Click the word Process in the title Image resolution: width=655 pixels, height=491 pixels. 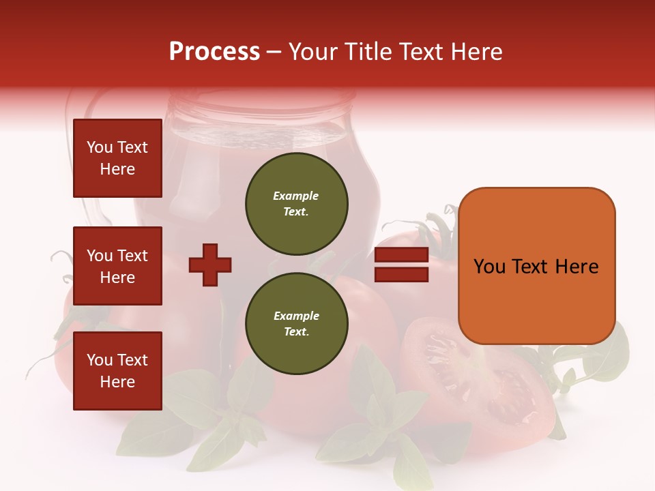[x=214, y=52]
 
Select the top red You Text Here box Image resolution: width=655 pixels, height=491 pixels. [x=117, y=158]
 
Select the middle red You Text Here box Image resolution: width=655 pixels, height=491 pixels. [x=117, y=266]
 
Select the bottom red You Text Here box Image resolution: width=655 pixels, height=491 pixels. [x=117, y=370]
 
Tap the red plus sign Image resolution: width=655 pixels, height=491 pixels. [x=209, y=265]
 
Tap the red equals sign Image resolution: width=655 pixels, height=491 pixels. [x=402, y=265]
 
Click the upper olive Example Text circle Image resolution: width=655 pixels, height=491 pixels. [x=297, y=204]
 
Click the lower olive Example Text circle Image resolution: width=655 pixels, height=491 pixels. [x=297, y=324]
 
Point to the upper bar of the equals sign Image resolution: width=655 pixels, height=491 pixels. [x=402, y=255]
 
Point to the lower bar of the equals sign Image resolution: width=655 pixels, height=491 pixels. [x=402, y=274]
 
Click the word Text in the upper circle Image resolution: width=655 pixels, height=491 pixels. [x=295, y=211]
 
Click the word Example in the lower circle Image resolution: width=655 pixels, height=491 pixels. [x=296, y=316]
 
